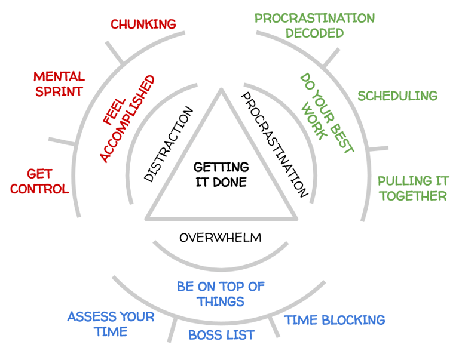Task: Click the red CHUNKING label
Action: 143,24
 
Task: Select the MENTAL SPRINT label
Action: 59,84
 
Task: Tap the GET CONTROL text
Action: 39,181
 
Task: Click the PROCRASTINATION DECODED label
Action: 314,26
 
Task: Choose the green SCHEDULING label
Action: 397,96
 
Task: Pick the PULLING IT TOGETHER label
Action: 412,188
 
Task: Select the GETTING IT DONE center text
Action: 221,175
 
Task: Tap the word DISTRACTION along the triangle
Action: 169,144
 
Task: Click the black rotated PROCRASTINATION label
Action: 274,144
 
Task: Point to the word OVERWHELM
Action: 221,238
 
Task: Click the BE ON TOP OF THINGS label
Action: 221,294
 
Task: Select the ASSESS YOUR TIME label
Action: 111,324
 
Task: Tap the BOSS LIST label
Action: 221,335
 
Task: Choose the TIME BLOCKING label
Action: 334,320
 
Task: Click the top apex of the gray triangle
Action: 221,90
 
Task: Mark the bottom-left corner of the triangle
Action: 147,219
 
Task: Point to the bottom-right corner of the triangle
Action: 295,219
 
